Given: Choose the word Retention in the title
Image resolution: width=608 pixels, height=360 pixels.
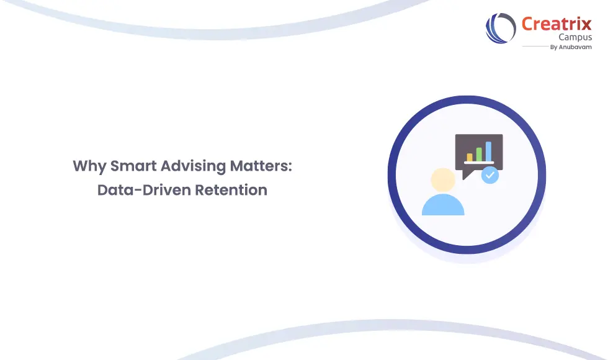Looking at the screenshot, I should coord(231,190).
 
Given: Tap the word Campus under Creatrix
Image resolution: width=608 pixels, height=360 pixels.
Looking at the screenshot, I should coord(574,37).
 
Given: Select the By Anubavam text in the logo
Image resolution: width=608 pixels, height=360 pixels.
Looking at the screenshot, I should coord(571,47).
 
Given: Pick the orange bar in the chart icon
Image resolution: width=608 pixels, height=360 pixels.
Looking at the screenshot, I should coord(470,157).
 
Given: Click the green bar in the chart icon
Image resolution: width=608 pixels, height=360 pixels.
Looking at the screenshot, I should coord(478,155).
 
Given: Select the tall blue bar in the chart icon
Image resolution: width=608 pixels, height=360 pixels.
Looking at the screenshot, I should coord(488,151).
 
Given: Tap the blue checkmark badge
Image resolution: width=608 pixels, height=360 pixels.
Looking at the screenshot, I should coord(490,175).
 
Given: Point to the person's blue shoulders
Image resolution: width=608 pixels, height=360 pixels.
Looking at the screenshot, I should coord(443,205).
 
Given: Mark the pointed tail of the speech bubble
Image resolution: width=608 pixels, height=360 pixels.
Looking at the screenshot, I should coord(466,174).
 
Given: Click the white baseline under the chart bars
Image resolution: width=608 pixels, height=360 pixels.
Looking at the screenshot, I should coord(479,163).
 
